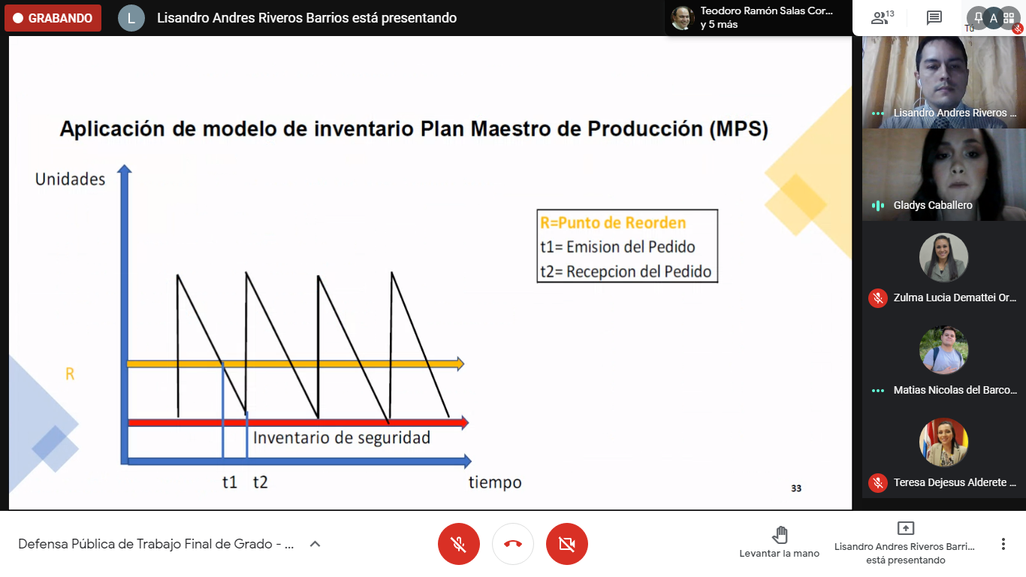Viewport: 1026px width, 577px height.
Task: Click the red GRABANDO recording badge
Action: [53, 18]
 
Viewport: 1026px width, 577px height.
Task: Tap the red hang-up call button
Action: [512, 544]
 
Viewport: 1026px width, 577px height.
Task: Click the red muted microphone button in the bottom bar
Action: [458, 544]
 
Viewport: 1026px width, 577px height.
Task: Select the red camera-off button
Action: [566, 544]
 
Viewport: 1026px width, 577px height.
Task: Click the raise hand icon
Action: [780, 534]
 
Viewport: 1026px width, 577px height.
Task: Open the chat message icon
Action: [934, 18]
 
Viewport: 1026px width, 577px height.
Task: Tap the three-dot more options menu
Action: [1003, 544]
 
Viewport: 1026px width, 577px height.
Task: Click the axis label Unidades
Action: [70, 180]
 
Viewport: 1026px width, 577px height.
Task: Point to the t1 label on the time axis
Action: [230, 482]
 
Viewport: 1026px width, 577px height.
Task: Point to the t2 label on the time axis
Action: [260, 482]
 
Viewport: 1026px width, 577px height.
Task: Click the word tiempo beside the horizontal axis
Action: [495, 482]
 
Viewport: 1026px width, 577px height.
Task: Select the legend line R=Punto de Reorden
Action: [613, 222]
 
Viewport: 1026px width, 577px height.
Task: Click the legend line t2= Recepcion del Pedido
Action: [626, 271]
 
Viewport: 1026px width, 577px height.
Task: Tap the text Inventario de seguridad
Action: [342, 438]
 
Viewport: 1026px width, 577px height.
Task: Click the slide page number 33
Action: [796, 488]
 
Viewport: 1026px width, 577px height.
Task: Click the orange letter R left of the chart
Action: [70, 374]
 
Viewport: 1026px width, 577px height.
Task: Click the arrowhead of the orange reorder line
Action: [460, 364]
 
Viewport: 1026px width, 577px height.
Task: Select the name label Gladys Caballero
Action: [933, 205]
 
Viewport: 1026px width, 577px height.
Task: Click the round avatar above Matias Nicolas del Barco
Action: [943, 350]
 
